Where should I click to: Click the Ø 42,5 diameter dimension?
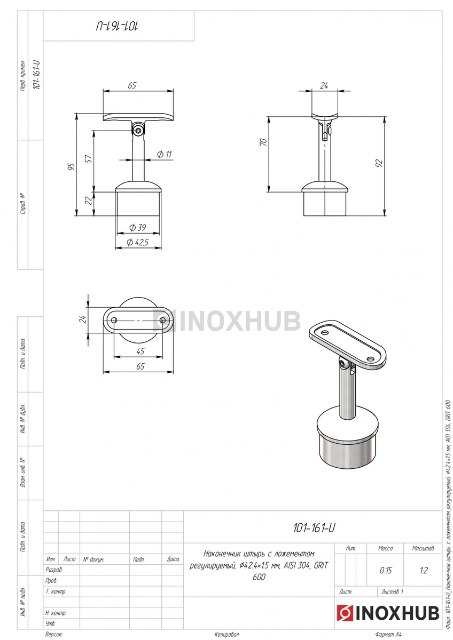(x=138, y=243)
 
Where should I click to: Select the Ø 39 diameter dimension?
(x=138, y=228)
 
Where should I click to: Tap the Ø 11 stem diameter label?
(x=164, y=155)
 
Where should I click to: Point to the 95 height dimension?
(x=72, y=166)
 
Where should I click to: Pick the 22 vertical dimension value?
(x=89, y=201)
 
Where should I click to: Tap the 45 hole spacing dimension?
(x=140, y=351)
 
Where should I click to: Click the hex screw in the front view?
(x=138, y=131)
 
